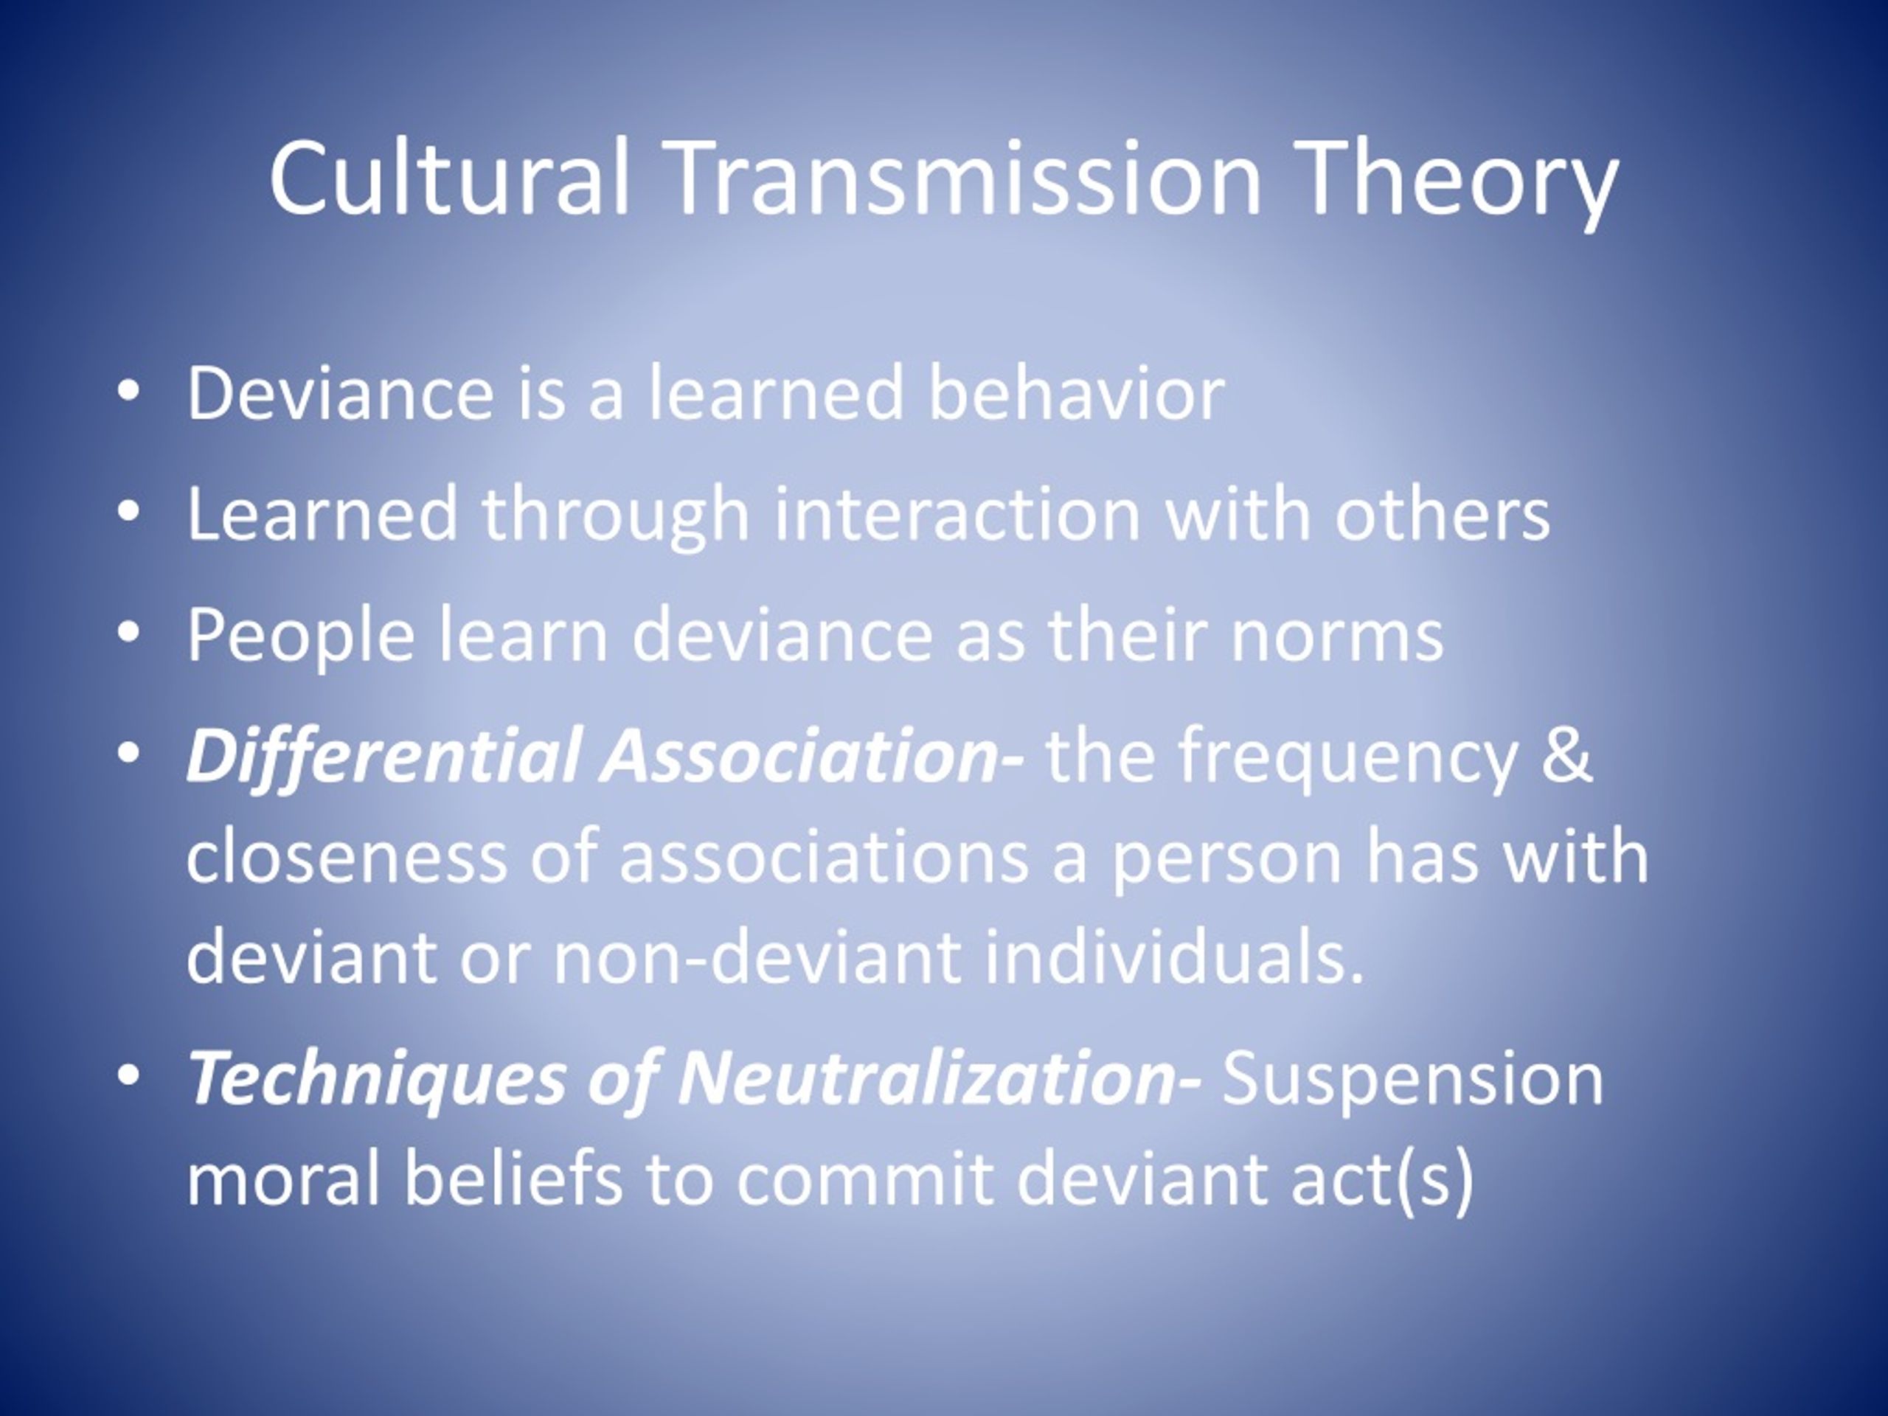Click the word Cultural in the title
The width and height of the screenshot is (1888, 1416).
click(450, 177)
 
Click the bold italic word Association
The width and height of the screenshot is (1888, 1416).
click(798, 754)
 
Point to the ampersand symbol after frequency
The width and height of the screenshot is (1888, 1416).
click(1567, 754)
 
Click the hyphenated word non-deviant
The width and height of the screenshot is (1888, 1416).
click(758, 955)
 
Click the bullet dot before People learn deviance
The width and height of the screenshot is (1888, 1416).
click(128, 634)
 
